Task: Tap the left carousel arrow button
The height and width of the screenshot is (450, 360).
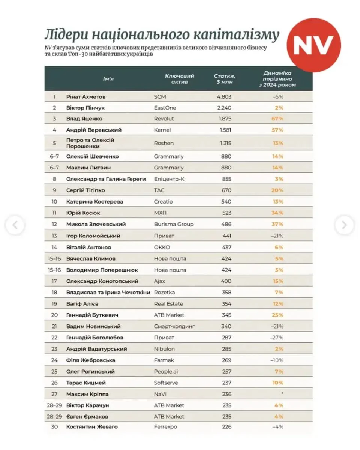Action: click(15, 225)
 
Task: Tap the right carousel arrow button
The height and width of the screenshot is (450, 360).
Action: click(344, 225)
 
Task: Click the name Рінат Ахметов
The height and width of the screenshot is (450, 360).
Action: click(86, 96)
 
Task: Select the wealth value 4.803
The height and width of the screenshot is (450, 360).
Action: click(224, 96)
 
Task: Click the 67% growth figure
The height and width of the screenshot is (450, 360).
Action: click(277, 119)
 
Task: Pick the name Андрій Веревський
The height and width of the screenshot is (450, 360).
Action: click(94, 130)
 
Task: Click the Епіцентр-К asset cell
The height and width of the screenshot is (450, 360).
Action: click(169, 179)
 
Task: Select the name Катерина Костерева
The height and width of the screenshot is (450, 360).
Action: click(94, 202)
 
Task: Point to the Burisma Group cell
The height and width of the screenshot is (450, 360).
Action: click(174, 224)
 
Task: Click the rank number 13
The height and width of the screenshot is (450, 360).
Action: click(54, 236)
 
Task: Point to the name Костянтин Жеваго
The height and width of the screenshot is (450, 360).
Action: click(92, 427)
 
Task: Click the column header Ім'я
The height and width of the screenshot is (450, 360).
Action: click(108, 79)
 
